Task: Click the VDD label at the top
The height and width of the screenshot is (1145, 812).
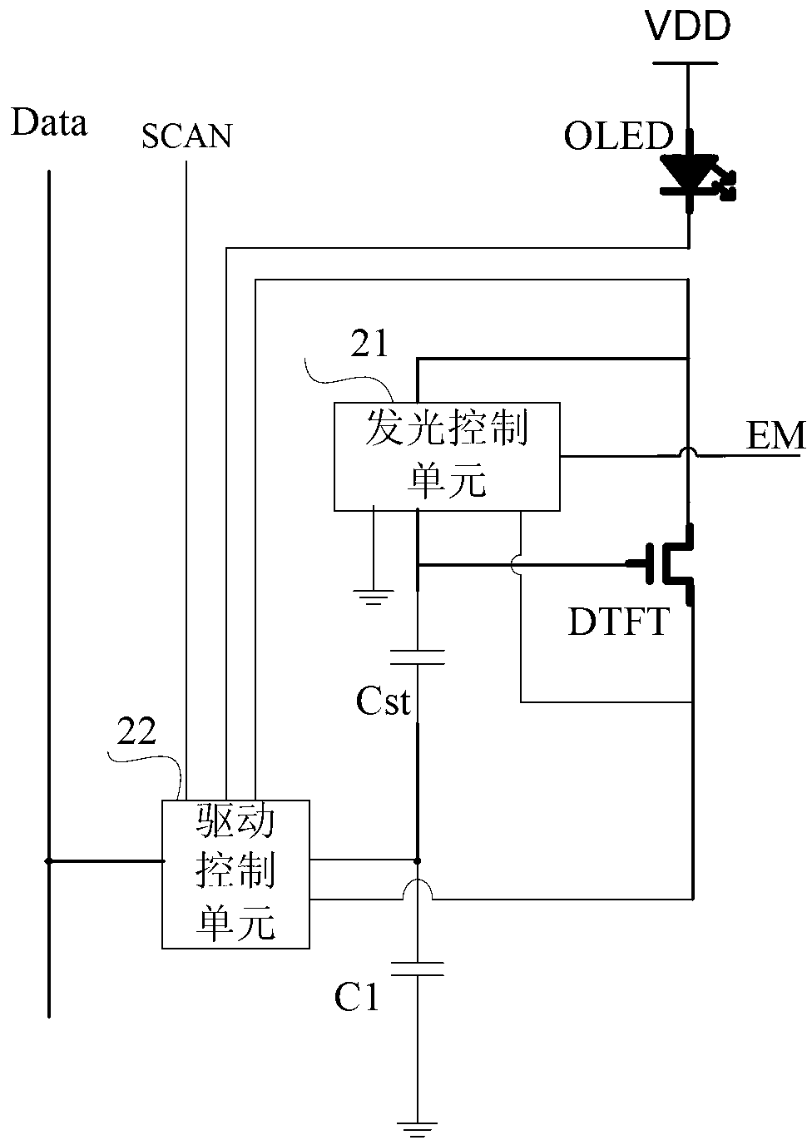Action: point(688,26)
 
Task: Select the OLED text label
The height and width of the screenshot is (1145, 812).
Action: point(618,136)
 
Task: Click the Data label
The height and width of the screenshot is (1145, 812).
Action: point(49,121)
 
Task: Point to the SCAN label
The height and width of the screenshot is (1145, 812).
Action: point(187,136)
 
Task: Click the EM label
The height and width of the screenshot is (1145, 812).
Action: point(775,435)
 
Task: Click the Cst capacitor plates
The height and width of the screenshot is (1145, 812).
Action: point(418,657)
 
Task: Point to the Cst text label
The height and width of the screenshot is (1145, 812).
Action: point(383,701)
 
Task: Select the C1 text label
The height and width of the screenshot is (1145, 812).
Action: point(357,996)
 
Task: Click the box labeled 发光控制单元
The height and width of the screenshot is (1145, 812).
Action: point(447,457)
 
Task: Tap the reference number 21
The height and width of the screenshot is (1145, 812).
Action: point(369,343)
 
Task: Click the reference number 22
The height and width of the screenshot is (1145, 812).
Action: point(136,731)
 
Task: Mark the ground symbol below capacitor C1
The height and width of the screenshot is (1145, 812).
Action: point(418,1130)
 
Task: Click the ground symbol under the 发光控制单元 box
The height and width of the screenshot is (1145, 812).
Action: point(374,597)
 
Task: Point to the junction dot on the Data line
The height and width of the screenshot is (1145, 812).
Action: point(49,861)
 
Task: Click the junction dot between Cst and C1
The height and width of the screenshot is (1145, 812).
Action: point(418,861)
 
